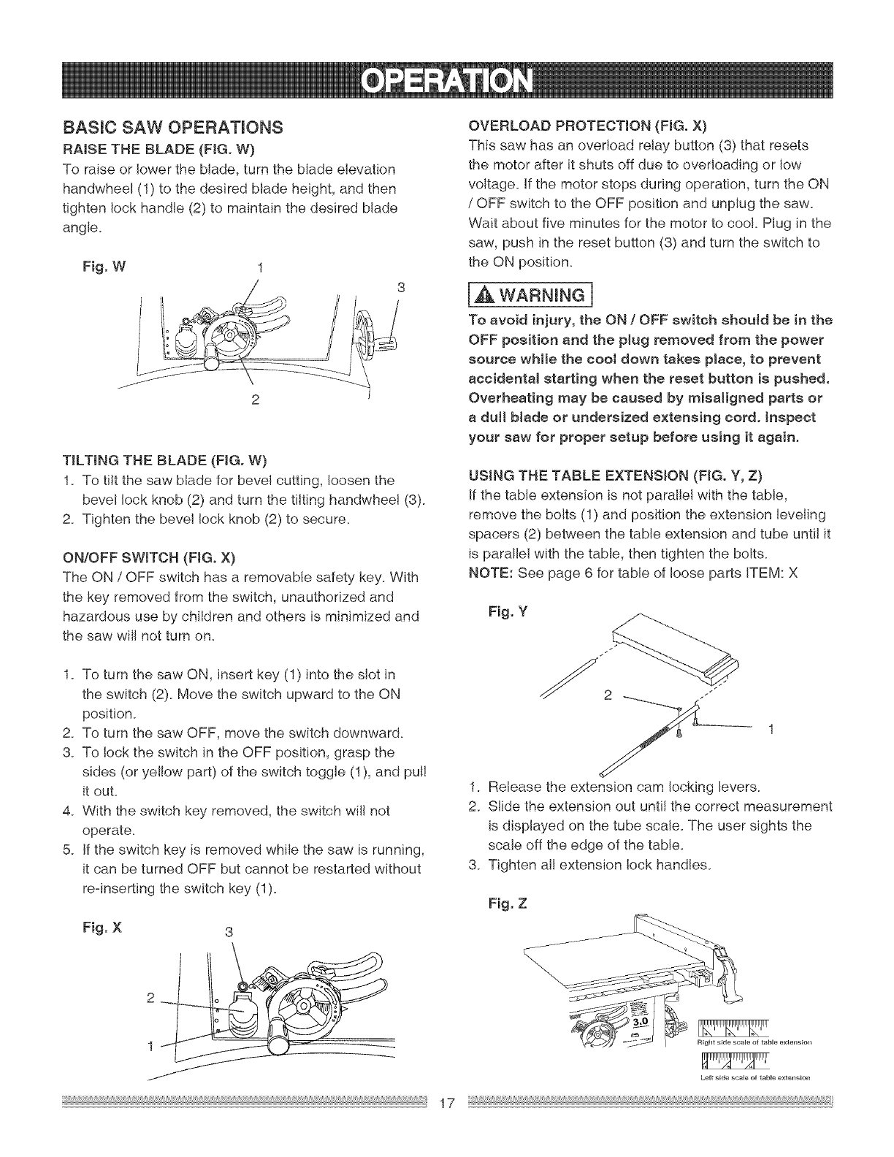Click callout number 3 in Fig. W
click(x=400, y=286)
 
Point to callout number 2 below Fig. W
click(x=253, y=400)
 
